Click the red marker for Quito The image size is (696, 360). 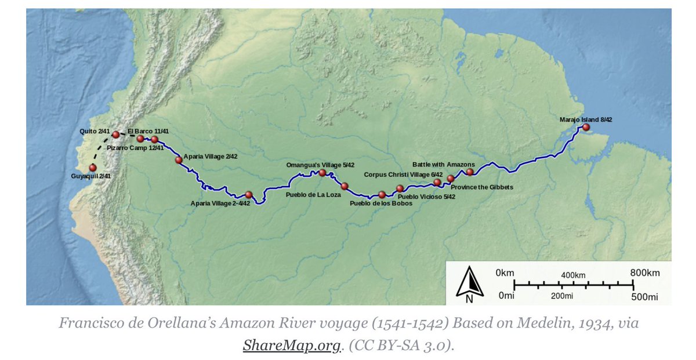click(116, 134)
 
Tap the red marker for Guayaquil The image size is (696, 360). click(92, 168)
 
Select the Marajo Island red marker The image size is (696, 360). click(586, 127)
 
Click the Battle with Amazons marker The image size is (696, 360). click(470, 172)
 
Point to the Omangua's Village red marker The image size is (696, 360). click(322, 172)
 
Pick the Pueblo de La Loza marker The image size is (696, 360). click(345, 186)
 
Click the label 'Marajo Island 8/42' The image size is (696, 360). click(586, 119)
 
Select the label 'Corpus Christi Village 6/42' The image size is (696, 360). click(403, 174)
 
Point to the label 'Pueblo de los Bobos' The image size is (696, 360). click(381, 203)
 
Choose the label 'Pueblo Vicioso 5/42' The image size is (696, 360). click(426, 197)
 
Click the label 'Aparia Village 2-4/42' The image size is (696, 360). click(220, 203)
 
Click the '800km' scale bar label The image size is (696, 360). click(644, 272)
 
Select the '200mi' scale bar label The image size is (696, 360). click(562, 296)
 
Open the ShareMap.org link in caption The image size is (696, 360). click(291, 346)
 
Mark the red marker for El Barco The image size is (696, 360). click(140, 139)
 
